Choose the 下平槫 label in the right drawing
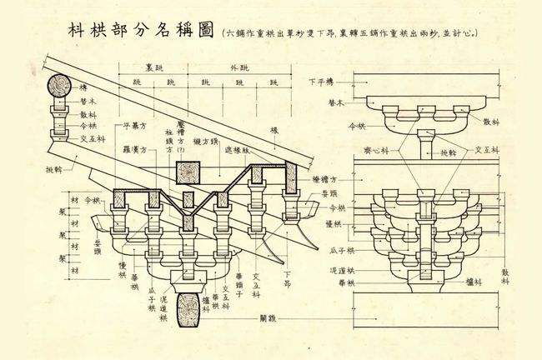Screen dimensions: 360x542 321,82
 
